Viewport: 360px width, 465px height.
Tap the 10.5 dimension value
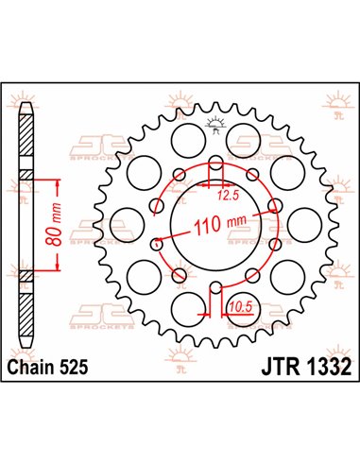(239, 304)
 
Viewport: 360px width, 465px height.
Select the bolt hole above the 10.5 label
(215, 287)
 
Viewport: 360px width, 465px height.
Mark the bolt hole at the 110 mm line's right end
(274, 205)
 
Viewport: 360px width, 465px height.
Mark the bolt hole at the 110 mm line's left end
(158, 243)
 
